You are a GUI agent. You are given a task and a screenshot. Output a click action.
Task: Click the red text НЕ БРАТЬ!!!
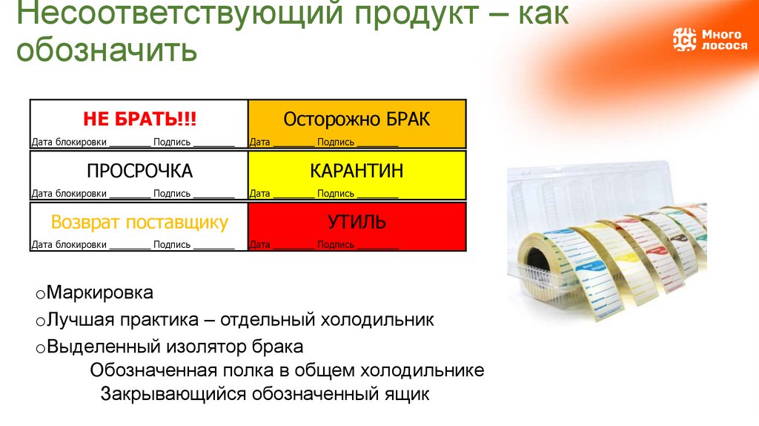139,119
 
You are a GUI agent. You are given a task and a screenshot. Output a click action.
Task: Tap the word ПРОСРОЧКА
139,171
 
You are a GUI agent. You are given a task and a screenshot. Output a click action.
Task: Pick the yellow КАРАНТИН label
357,171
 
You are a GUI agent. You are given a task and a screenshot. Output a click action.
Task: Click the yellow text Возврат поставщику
139,223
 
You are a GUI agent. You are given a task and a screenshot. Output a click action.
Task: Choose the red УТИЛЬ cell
357,222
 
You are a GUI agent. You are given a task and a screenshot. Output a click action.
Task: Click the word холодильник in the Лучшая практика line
377,321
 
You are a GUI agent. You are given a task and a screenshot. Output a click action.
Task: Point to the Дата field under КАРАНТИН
259,194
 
